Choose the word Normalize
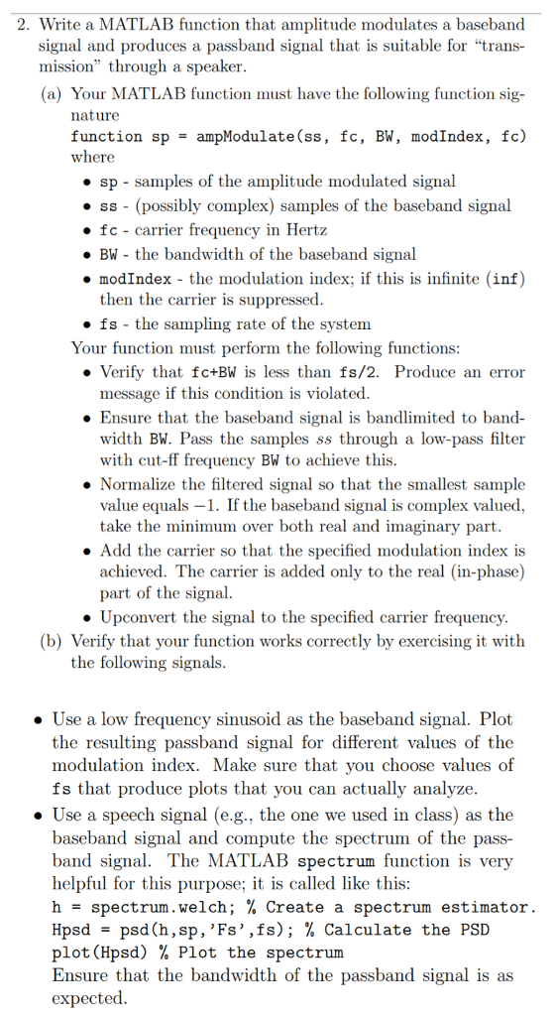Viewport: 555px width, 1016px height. click(x=140, y=483)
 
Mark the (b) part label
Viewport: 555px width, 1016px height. click(x=51, y=641)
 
